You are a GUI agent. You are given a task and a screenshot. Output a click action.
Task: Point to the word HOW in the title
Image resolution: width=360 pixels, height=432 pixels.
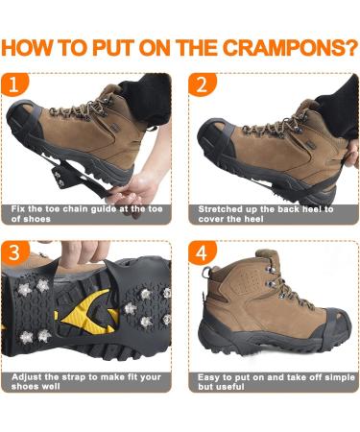click(x=38, y=48)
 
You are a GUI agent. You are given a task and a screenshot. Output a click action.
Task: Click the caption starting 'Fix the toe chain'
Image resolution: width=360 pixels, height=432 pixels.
click(x=86, y=213)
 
